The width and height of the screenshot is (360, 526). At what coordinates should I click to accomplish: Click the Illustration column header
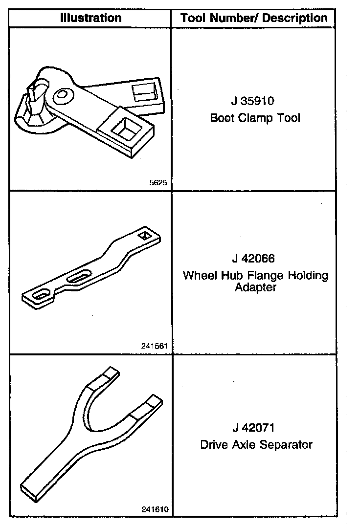90,19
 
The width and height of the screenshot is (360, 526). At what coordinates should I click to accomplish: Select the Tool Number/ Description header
254,19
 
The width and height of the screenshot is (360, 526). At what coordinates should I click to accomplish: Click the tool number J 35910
255,102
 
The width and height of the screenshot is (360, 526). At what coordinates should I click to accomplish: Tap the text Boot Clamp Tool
255,118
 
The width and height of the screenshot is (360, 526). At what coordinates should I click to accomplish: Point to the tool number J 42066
255,258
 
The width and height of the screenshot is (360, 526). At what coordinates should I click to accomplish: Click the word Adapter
255,287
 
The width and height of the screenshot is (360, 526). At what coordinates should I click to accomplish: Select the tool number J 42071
255,428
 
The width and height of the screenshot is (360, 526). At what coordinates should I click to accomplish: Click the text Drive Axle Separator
256,445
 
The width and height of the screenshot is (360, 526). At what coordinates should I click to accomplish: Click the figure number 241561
155,346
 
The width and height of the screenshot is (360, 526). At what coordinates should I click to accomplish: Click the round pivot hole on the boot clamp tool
63,96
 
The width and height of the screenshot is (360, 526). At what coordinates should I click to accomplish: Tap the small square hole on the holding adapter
145,236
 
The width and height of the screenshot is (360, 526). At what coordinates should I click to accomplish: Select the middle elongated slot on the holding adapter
79,278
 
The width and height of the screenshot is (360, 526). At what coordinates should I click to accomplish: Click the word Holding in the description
307,275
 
